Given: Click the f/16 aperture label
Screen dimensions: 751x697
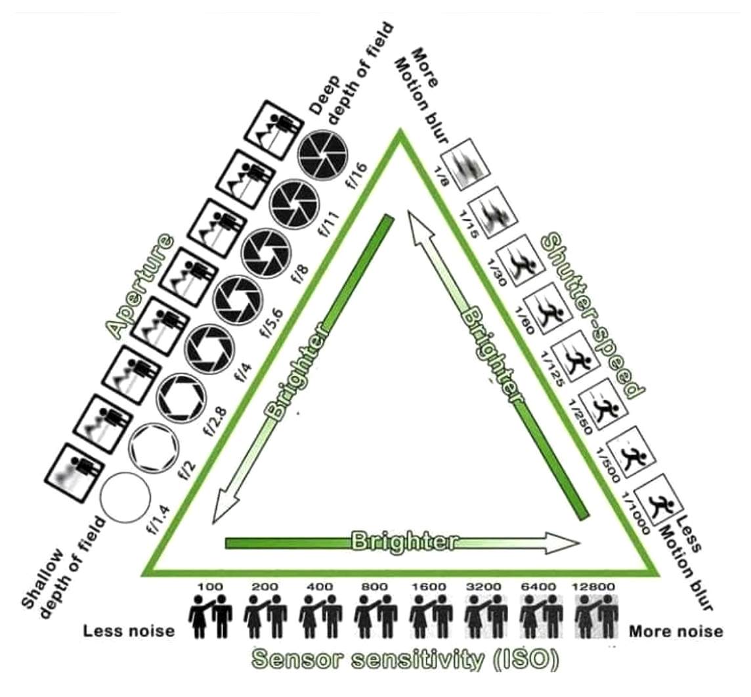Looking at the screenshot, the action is (357, 176).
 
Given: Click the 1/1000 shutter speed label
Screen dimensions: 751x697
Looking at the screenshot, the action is (636, 512).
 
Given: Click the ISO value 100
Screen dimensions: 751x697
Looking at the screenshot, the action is (210, 586).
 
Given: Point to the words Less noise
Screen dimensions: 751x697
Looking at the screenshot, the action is (129, 631).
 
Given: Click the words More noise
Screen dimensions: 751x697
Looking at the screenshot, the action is (676, 631).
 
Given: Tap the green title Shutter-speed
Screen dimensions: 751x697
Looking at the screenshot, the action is (592, 317).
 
